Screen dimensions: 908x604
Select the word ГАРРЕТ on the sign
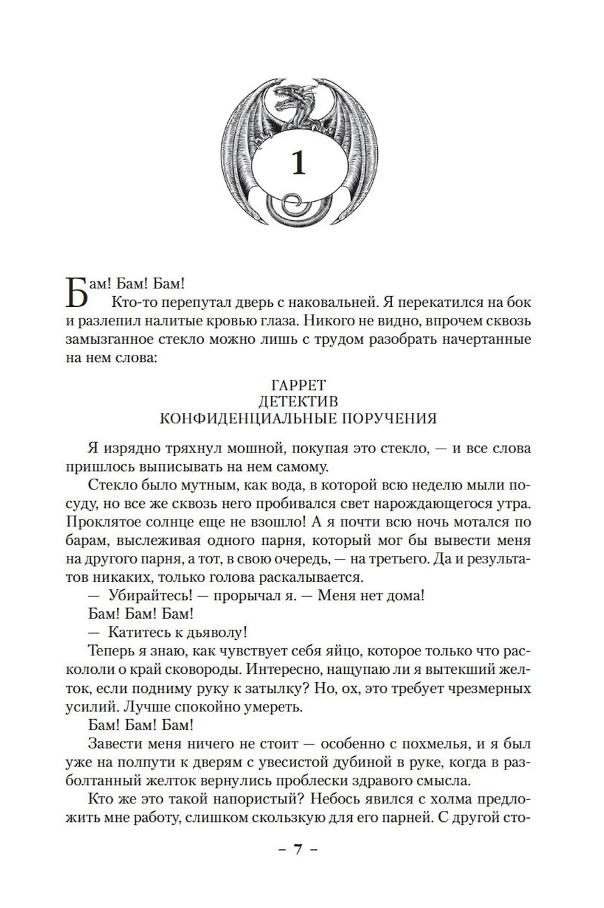pos(298,385)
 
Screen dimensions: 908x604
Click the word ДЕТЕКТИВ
pos(298,401)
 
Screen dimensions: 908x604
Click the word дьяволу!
pos(215,632)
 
